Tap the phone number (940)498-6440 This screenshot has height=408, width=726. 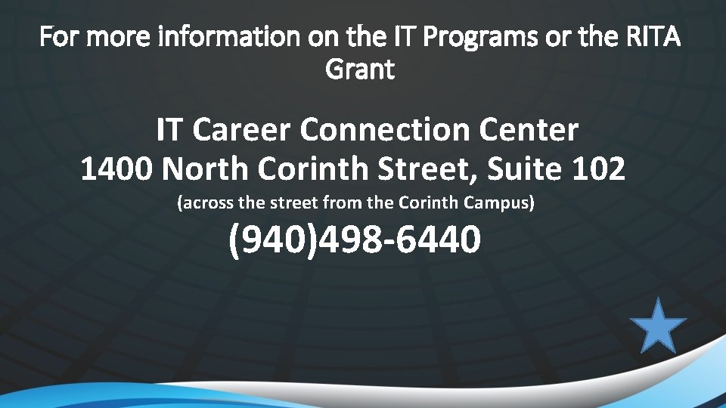tap(354, 240)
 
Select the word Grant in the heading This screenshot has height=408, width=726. tap(360, 70)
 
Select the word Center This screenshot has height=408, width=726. tap(529, 130)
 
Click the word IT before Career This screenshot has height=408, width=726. tap(169, 130)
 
